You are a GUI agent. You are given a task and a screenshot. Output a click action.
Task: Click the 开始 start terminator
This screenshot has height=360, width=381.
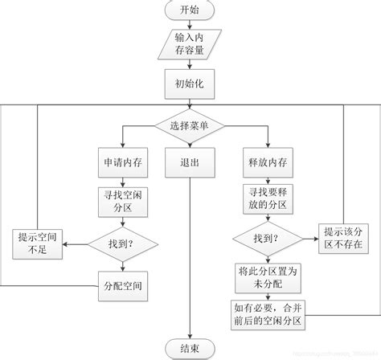point(190,12)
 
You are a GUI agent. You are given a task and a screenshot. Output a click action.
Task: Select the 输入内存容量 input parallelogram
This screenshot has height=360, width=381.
point(190,45)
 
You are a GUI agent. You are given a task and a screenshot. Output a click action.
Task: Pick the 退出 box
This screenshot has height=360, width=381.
point(190,162)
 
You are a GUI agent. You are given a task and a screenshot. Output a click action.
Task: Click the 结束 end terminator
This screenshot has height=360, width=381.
point(190,349)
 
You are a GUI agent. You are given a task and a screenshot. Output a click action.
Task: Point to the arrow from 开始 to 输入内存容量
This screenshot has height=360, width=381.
point(190,26)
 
